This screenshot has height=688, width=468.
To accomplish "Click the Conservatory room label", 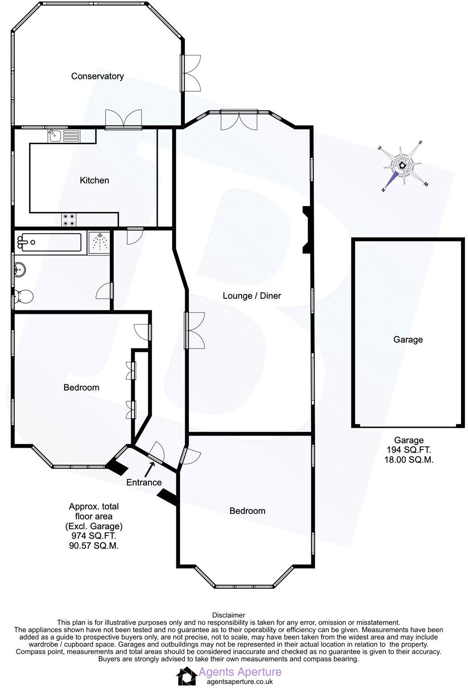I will [97, 76].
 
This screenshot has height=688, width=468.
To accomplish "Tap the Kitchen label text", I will [94, 180].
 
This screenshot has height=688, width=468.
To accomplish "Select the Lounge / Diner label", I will [252, 296].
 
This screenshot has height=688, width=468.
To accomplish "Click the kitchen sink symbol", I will [55, 135].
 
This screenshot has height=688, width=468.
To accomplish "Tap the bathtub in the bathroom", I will [49, 242].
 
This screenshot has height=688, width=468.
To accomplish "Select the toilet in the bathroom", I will [22, 297].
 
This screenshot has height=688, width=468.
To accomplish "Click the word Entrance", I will [144, 482].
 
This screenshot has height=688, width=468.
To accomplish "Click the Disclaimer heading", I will [228, 615].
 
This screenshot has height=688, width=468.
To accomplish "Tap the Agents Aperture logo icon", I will [186, 677].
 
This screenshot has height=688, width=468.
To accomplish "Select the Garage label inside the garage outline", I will [408, 340].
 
